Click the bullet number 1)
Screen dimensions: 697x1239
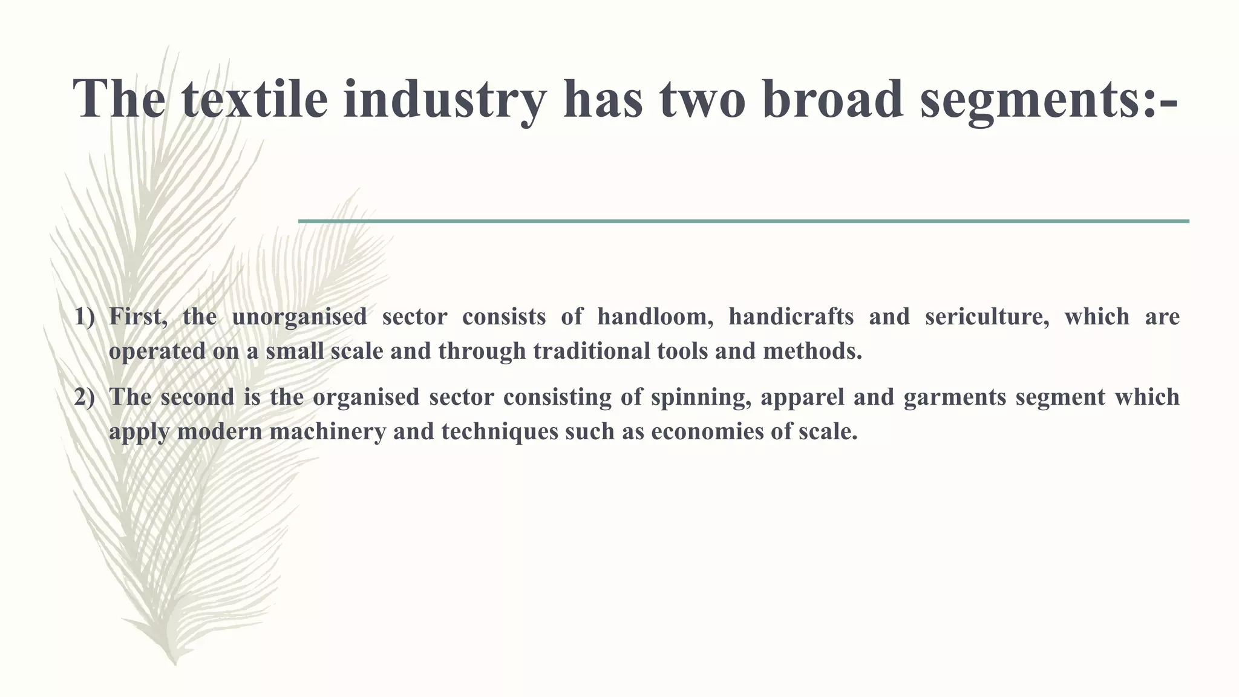(x=85, y=317)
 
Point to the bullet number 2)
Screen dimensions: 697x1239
(x=85, y=398)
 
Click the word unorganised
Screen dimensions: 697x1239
(x=299, y=317)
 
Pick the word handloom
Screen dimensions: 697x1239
(x=655, y=317)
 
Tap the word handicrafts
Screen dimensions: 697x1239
(x=791, y=317)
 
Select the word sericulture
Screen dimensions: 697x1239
(x=987, y=317)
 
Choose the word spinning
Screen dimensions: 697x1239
(x=701, y=398)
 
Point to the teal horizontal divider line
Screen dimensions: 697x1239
(x=744, y=221)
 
